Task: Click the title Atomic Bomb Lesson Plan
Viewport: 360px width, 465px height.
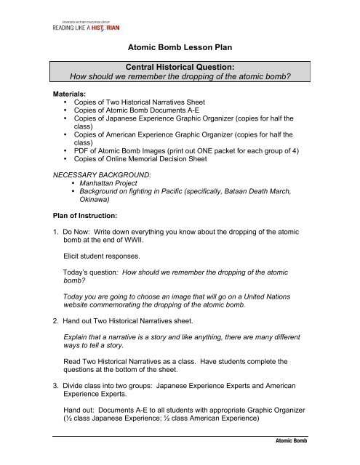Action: pyautogui.click(x=179, y=49)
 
